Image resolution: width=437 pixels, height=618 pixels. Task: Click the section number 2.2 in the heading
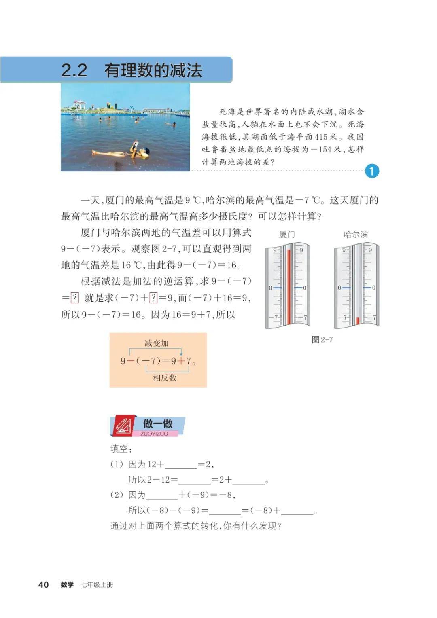[x=74, y=70]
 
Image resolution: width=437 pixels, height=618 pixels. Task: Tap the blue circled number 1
[x=371, y=171]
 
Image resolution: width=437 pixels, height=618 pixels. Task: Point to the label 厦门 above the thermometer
[x=287, y=234]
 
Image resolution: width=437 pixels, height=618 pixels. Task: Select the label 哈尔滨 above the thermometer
[x=356, y=234]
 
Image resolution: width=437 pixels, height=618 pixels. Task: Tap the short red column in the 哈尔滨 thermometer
[x=357, y=320]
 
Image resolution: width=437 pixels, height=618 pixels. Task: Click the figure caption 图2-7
[x=322, y=339]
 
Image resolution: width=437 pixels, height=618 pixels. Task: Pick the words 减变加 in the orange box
[x=156, y=343]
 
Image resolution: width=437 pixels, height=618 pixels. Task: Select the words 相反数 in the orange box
[x=165, y=378]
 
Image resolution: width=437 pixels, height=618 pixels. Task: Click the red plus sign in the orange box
[x=181, y=361]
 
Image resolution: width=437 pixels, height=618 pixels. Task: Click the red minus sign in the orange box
[x=131, y=361]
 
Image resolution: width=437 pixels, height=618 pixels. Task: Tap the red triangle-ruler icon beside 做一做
[x=123, y=426]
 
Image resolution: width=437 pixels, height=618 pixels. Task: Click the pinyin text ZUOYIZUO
[x=154, y=434]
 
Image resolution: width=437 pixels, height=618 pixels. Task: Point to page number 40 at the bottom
[x=43, y=584]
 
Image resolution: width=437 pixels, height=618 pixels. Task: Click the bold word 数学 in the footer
[x=67, y=584]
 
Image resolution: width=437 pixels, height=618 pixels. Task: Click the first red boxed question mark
[x=74, y=298]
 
